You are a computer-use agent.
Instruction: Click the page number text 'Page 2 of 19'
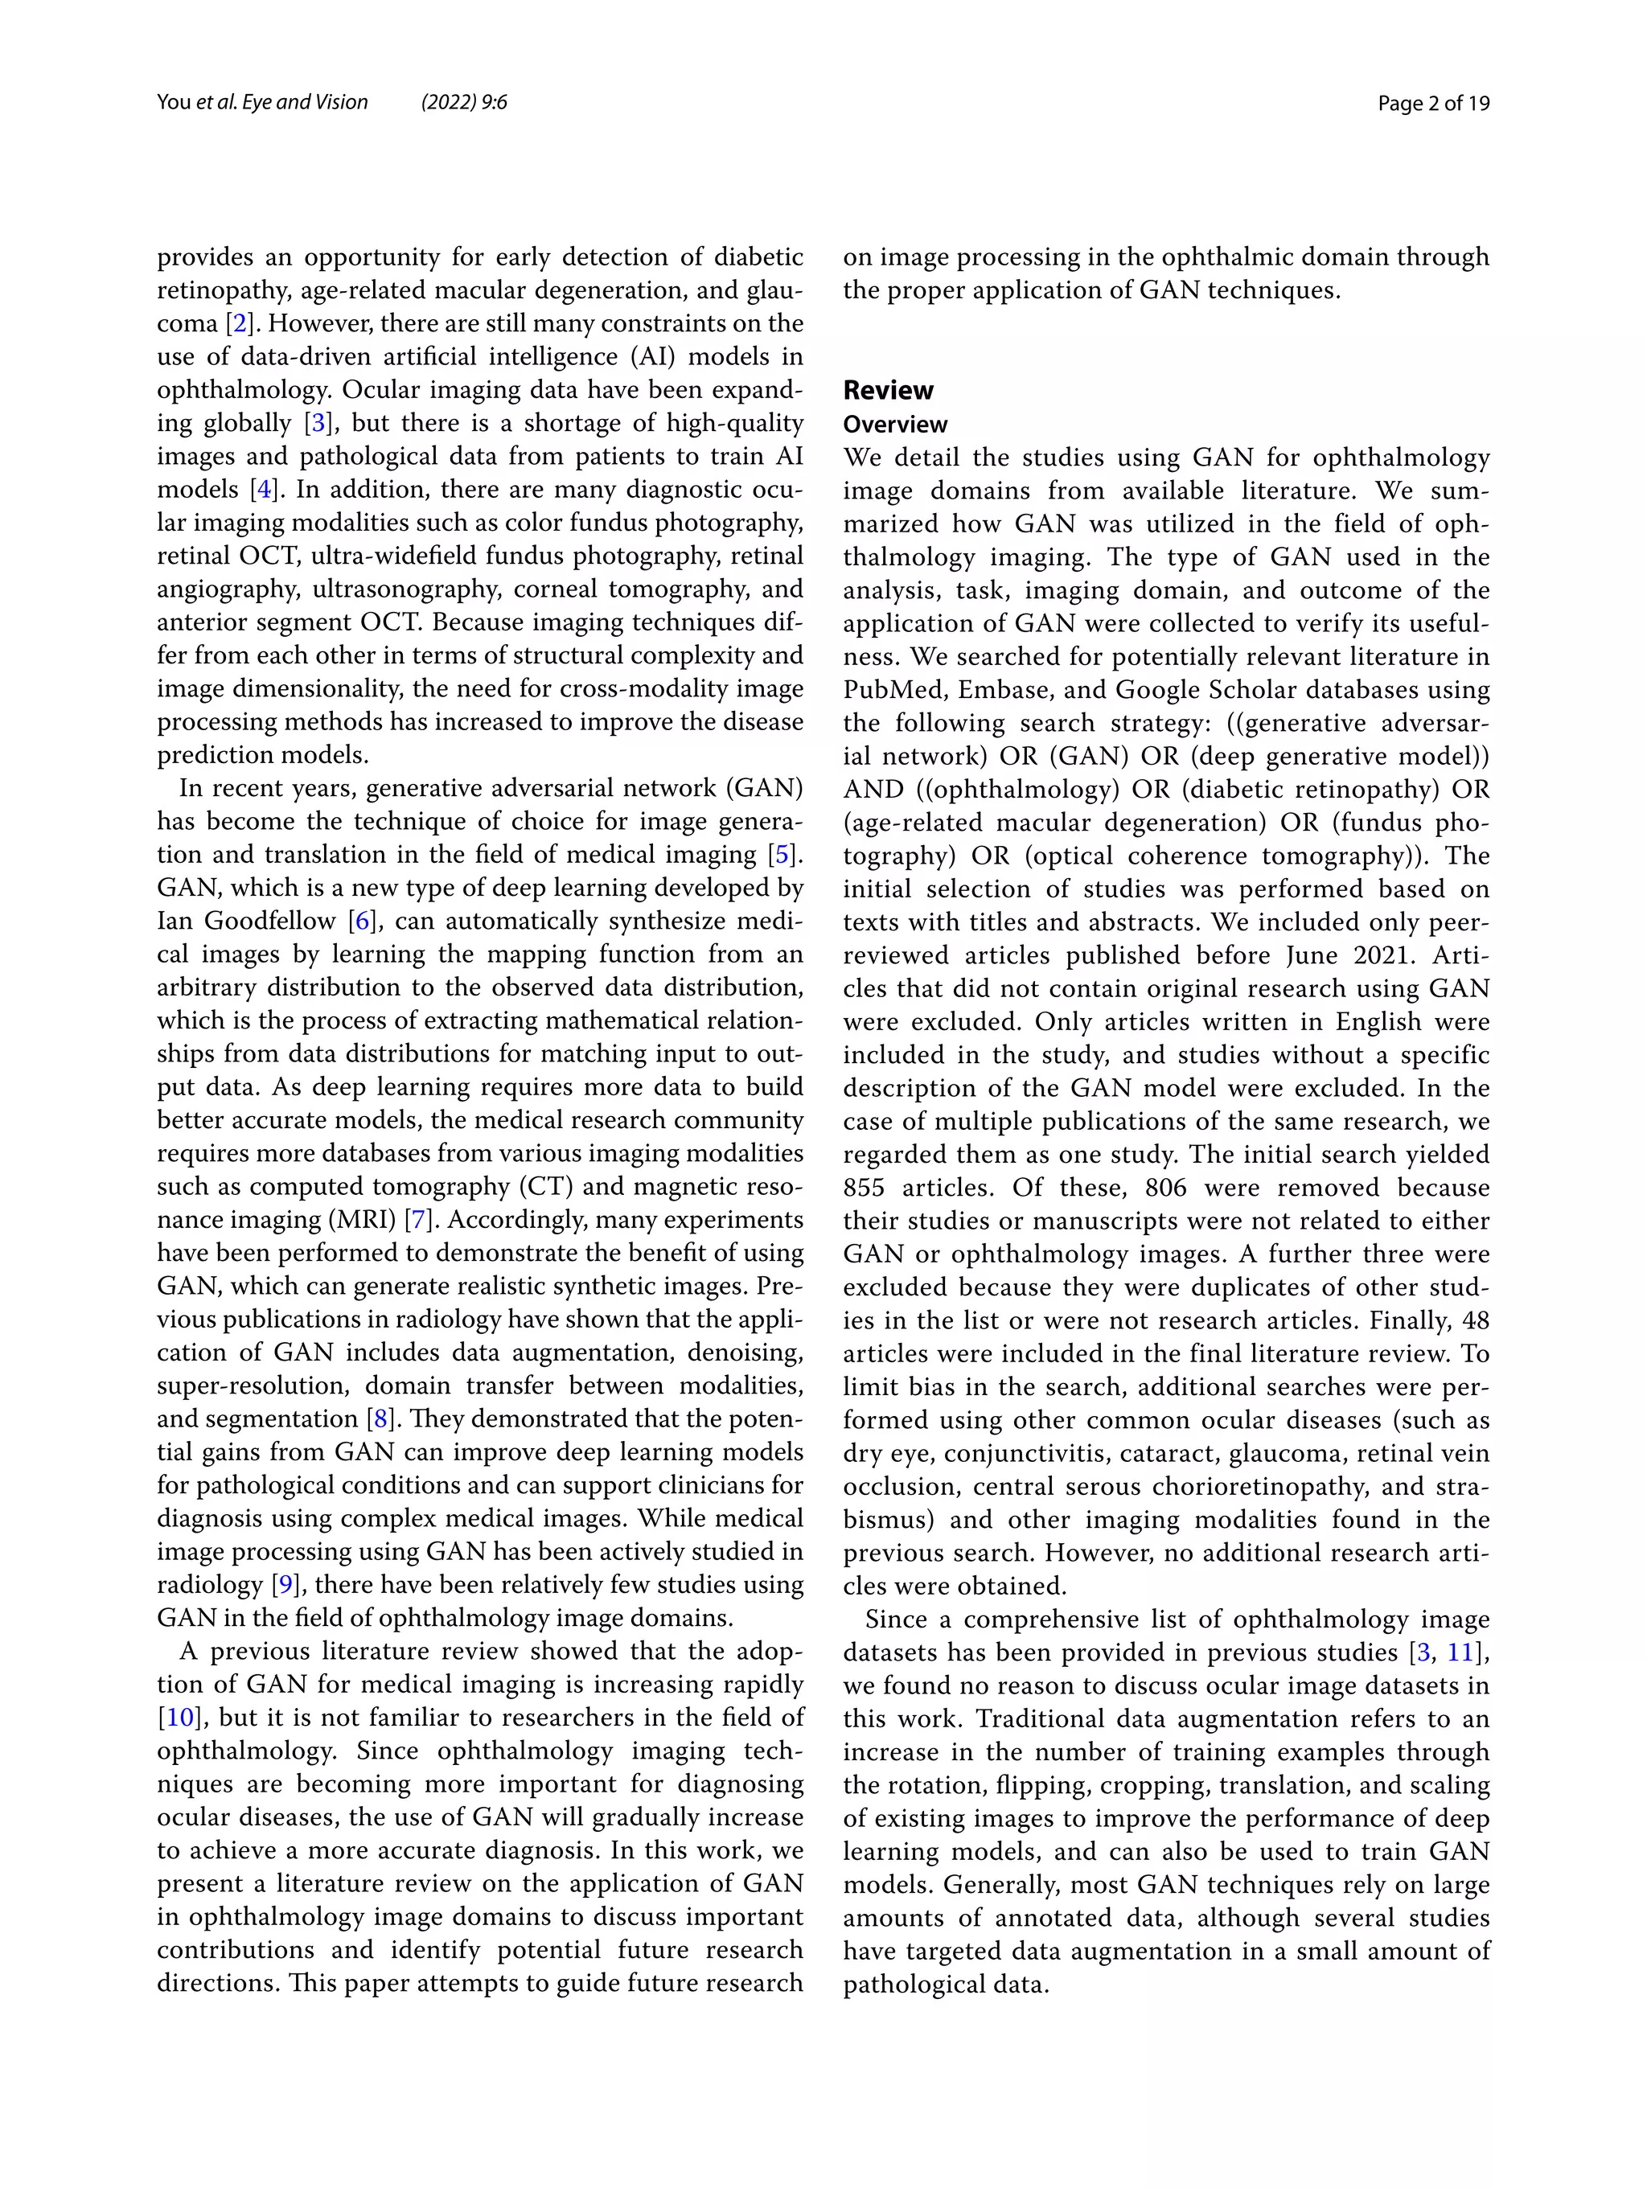pyautogui.click(x=1432, y=103)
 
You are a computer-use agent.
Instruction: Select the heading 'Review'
pyautogui.click(x=887, y=390)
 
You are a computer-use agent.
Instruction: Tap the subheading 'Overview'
pyautogui.click(x=894, y=425)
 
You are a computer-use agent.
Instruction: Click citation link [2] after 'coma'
pyautogui.click(x=238, y=323)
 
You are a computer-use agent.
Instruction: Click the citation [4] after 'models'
pyautogui.click(x=263, y=490)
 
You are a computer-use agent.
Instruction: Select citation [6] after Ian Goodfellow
pyautogui.click(x=363, y=921)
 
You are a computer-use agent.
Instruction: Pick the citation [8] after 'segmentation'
pyautogui.click(x=380, y=1418)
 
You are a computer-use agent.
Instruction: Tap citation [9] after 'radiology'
pyautogui.click(x=285, y=1585)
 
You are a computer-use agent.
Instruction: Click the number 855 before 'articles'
pyautogui.click(x=864, y=1187)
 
